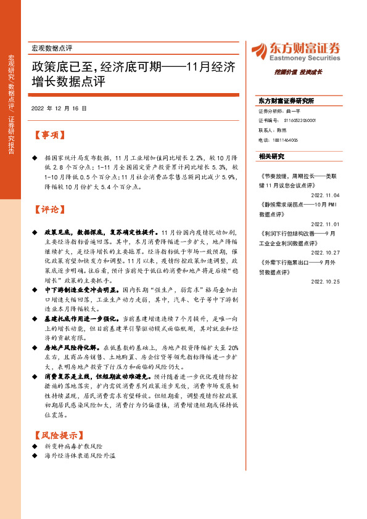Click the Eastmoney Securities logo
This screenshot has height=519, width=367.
click(x=295, y=51)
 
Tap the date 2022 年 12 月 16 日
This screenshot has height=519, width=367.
click(x=59, y=108)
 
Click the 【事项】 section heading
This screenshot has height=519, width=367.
click(x=47, y=135)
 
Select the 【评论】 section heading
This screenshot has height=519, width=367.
click(x=47, y=210)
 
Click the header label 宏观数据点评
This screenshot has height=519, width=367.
click(x=52, y=48)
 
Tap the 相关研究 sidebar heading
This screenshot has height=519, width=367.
click(x=272, y=156)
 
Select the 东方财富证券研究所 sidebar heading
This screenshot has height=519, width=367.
click(x=286, y=100)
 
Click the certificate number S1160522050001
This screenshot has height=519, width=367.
click(x=300, y=121)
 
